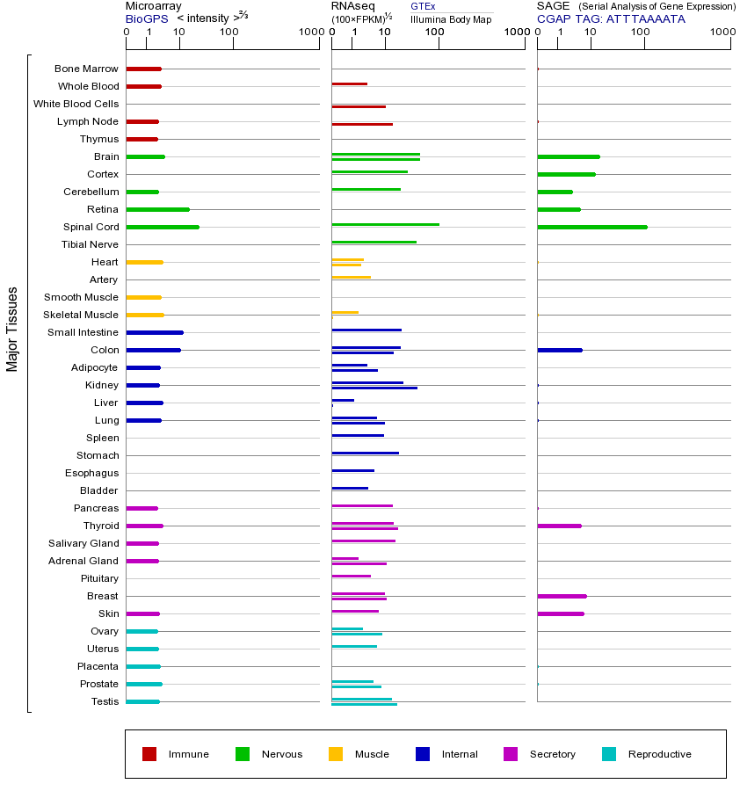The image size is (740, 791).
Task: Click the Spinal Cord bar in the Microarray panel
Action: pyautogui.click(x=163, y=227)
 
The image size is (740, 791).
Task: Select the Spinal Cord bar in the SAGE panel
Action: pyautogui.click(x=591, y=227)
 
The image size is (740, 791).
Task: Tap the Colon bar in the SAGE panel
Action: pyautogui.click(x=559, y=350)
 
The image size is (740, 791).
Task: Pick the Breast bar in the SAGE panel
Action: pyautogui.click(x=562, y=596)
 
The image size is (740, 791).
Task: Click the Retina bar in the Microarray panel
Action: pyautogui.click(x=157, y=209)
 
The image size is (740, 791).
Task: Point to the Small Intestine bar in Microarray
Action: pyautogui.click(x=155, y=332)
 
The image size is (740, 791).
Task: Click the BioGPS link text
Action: pyautogui.click(x=144, y=18)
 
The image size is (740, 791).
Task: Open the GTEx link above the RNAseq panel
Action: pyautogui.click(x=423, y=6)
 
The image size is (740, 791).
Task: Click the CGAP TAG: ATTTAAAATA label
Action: pyautogui.click(x=611, y=18)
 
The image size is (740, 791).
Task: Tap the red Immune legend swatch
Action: pyautogui.click(x=149, y=754)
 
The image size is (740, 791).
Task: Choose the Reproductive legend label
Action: pyautogui.click(x=659, y=754)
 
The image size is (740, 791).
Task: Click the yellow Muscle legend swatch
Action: pyautogui.click(x=336, y=754)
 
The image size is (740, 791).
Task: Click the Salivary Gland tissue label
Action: pyautogui.click(x=83, y=543)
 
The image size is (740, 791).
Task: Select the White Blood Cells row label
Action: pyautogui.click(x=76, y=104)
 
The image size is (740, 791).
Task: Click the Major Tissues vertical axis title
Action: pyautogui.click(x=12, y=329)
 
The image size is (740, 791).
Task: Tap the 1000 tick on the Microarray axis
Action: pyautogui.click(x=309, y=33)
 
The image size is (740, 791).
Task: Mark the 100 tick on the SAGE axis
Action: pyautogui.click(x=640, y=33)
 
